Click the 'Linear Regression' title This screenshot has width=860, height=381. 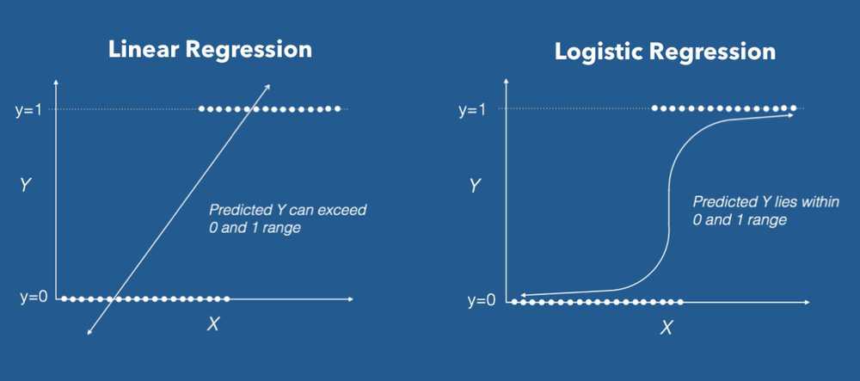(x=210, y=49)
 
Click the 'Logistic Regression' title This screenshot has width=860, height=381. (x=665, y=52)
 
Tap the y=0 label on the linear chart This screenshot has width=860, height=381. (x=32, y=298)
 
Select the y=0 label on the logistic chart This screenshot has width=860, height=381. (x=482, y=301)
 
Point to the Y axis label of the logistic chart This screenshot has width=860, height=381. (x=475, y=184)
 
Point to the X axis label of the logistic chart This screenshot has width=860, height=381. (x=666, y=328)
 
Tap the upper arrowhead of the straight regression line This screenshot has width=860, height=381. (x=268, y=86)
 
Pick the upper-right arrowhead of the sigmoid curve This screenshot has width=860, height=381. (x=790, y=115)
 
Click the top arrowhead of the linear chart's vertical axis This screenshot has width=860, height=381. (x=56, y=80)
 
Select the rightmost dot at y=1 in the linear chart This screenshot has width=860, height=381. (x=338, y=109)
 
